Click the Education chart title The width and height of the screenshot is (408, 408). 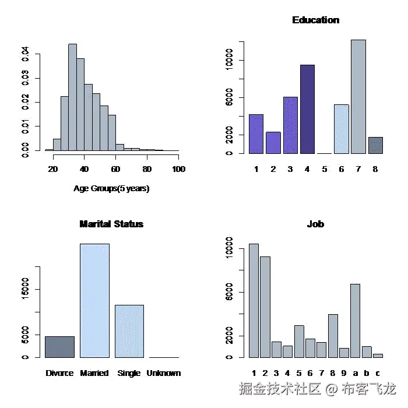[x=315, y=20]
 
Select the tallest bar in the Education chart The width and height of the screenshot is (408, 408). [x=358, y=97]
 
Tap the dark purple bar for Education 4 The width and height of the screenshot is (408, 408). [x=307, y=109]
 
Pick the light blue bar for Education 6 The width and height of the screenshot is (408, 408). [x=342, y=129]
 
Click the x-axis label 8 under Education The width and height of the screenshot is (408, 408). [x=375, y=169]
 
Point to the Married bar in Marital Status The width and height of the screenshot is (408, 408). [x=94, y=300]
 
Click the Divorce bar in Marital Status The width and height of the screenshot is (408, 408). [x=59, y=347]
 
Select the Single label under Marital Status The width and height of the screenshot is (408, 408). [x=129, y=373]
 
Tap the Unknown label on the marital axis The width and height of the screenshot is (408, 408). [x=164, y=373]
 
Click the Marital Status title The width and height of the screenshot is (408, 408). [x=111, y=224]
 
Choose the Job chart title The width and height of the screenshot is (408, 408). [x=315, y=224]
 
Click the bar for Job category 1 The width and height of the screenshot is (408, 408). [x=254, y=300]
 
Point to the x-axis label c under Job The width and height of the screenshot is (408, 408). [x=378, y=373]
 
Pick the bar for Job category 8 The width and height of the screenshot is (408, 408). [x=333, y=336]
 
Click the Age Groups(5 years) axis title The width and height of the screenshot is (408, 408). [x=111, y=189]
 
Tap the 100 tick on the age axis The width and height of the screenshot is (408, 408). [x=178, y=169]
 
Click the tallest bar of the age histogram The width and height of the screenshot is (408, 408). [x=72, y=97]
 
